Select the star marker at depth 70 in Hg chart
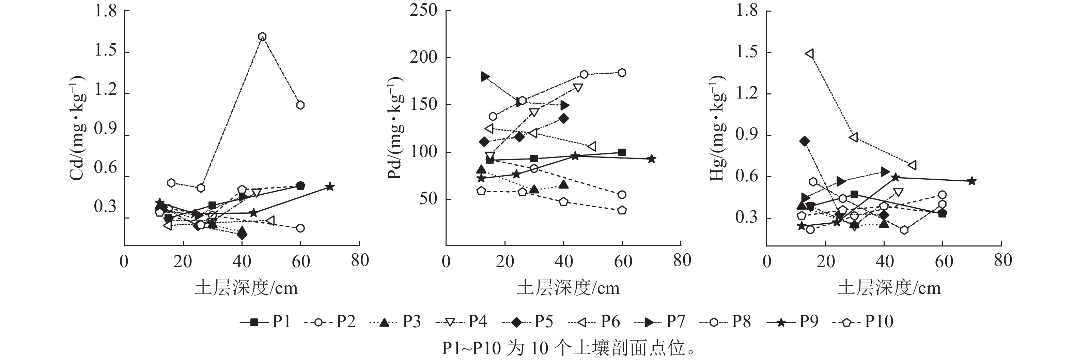972,181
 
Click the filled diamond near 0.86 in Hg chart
804,141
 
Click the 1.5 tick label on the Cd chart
105,52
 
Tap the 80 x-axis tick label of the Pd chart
682,261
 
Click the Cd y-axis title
77,128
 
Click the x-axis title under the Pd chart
568,288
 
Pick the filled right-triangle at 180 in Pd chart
485,77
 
